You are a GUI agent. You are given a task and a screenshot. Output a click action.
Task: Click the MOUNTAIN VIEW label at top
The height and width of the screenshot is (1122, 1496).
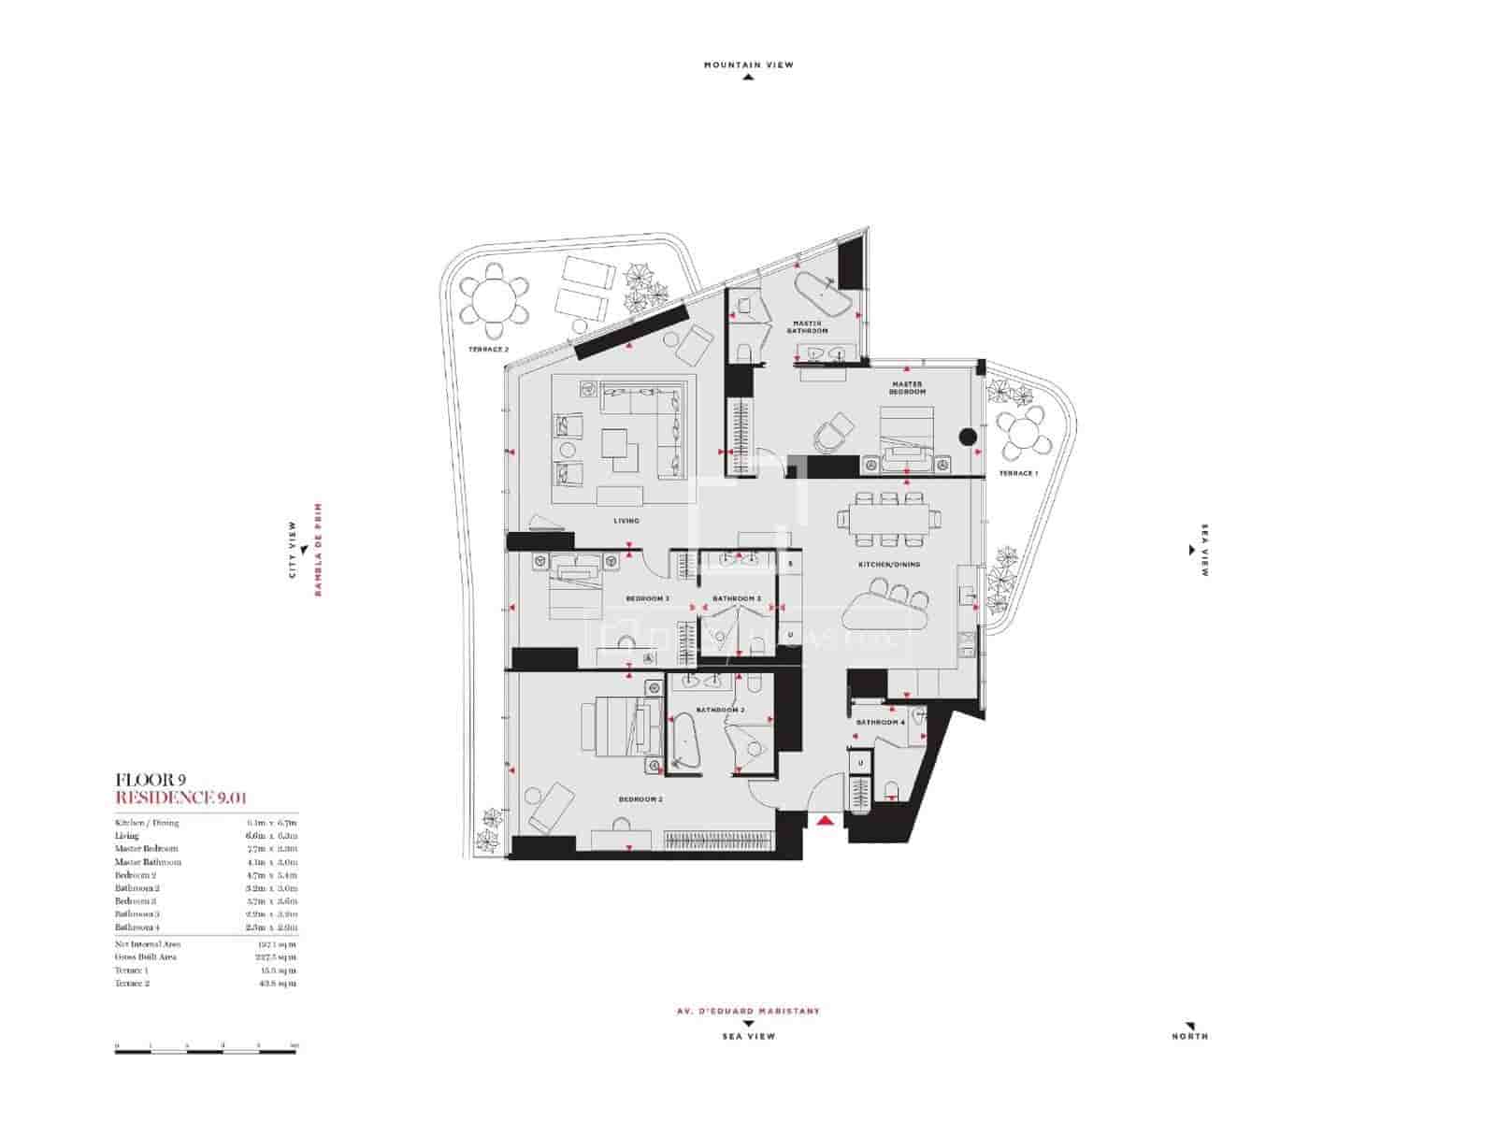pos(748,65)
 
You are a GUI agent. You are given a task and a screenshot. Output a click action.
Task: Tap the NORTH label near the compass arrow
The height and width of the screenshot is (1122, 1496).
pos(1189,1036)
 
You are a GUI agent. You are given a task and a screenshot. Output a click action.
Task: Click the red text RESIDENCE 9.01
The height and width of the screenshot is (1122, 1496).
pos(180,798)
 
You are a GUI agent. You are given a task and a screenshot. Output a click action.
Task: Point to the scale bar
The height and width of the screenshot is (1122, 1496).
pos(206,1051)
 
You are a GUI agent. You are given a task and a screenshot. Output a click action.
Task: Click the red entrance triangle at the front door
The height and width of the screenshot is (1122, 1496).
pos(825,821)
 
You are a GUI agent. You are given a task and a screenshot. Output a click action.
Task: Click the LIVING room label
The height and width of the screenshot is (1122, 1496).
pos(626,521)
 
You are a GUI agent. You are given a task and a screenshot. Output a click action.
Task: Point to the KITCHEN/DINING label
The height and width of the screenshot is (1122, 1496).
pos(890,565)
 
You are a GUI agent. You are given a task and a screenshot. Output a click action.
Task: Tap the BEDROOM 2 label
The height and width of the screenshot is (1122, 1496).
pos(640,799)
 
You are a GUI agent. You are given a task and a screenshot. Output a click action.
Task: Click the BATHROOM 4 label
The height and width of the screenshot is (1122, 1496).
pos(881,723)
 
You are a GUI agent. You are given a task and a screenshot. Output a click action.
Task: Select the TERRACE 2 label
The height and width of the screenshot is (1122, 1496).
pos(488,350)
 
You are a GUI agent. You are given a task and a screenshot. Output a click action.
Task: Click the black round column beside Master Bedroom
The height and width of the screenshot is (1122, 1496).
pos(969,436)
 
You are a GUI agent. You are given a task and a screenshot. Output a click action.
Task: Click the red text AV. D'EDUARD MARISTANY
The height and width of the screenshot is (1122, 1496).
pos(748,1012)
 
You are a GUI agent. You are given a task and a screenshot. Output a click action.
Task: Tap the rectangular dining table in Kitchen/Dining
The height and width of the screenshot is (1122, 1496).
pos(890,518)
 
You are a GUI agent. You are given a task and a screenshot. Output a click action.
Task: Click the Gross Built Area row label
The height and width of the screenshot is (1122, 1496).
pos(146,957)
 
